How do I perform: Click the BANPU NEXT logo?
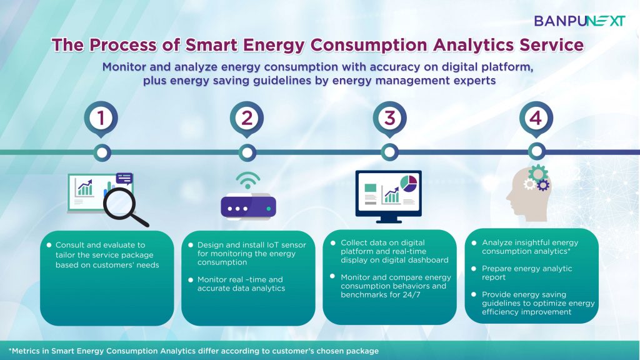[x=579, y=21]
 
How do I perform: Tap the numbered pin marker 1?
[x=101, y=119]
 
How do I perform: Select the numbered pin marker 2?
[x=246, y=119]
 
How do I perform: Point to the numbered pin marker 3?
[x=390, y=119]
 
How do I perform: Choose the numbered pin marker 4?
[x=536, y=119]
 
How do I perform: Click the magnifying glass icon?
[x=124, y=207]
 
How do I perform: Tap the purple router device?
[x=248, y=206]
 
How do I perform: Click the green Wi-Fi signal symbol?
[x=247, y=180]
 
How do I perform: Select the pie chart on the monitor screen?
[x=409, y=182]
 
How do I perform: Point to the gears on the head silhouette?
[x=537, y=178]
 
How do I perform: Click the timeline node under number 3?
[x=390, y=152]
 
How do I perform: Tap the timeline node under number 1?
[x=102, y=152]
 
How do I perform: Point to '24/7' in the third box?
[x=411, y=295]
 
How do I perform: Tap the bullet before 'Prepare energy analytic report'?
[x=474, y=269]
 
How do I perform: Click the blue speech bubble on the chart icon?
[x=124, y=178]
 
